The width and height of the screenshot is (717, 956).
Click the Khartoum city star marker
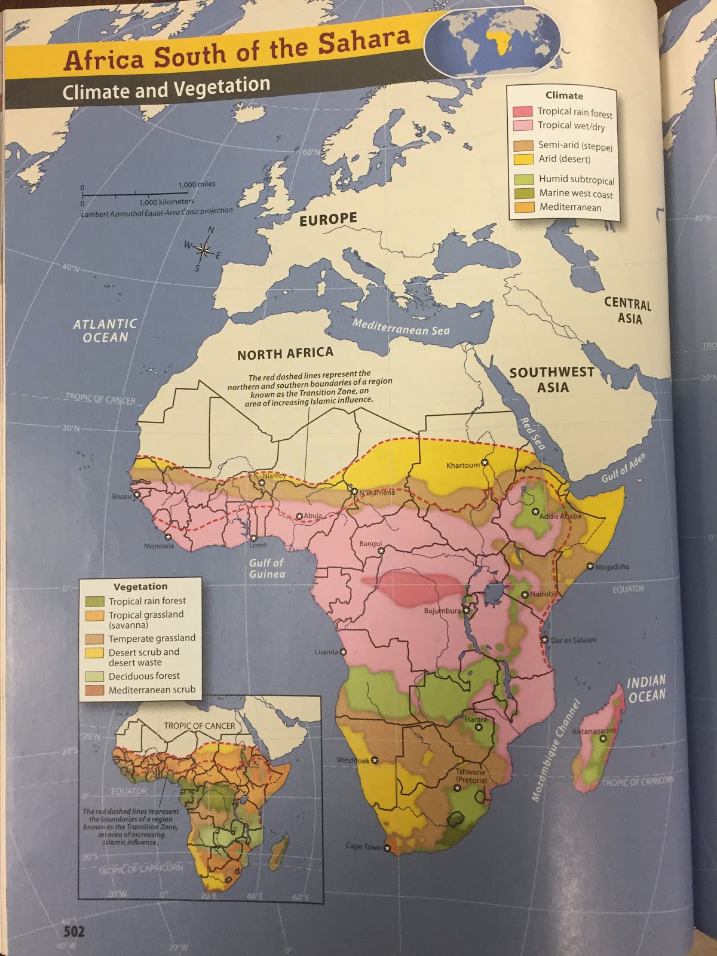click(x=485, y=463)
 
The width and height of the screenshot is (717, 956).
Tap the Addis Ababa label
click(x=560, y=516)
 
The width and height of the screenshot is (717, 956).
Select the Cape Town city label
click(x=363, y=847)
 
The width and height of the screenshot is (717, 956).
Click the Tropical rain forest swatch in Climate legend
click(x=522, y=111)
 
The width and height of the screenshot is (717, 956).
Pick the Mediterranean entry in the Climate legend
click(x=570, y=207)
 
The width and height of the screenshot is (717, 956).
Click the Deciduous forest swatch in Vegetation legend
click(x=95, y=676)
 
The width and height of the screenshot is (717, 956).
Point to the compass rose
click(x=203, y=251)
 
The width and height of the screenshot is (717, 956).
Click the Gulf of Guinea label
click(x=266, y=568)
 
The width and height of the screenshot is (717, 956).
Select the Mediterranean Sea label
click(x=400, y=327)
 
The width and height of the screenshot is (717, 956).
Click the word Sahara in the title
click(x=363, y=42)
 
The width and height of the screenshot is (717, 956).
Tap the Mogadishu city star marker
click(x=590, y=566)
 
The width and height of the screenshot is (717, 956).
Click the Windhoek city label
click(x=353, y=761)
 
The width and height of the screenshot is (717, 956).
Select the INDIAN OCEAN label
click(x=646, y=688)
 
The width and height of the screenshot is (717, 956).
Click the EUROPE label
click(x=328, y=219)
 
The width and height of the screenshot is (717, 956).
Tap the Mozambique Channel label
click(x=556, y=750)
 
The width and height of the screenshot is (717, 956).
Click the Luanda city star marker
click(x=343, y=652)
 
